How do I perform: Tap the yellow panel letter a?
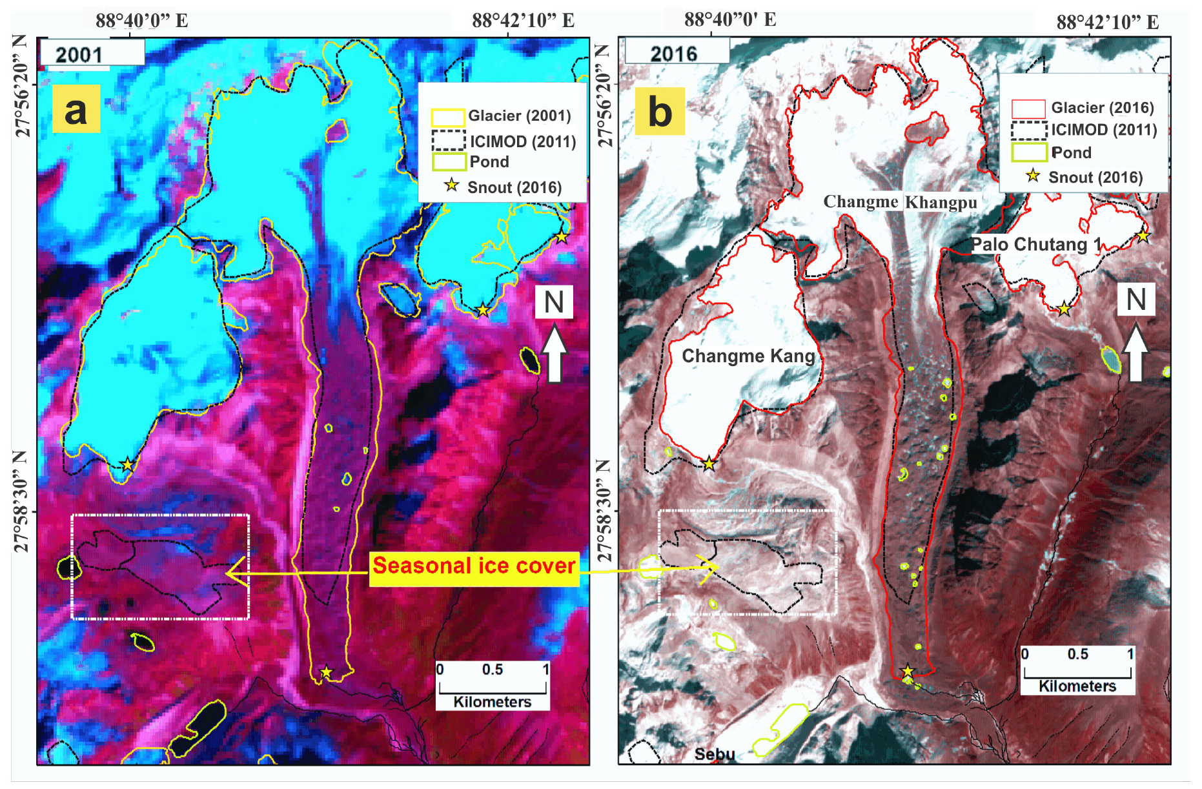pyautogui.click(x=76, y=109)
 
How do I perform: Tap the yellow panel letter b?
pyautogui.click(x=660, y=111)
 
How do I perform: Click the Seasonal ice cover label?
pyautogui.click(x=474, y=566)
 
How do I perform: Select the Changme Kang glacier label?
pyautogui.click(x=748, y=356)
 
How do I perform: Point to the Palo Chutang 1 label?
pyautogui.click(x=1036, y=245)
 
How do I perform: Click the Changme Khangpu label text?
pyautogui.click(x=900, y=202)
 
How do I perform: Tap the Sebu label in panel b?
pyautogui.click(x=715, y=754)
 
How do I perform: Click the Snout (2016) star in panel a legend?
pyautogui.click(x=452, y=186)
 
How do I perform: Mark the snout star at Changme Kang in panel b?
pyautogui.click(x=709, y=464)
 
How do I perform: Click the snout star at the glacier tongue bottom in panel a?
pyautogui.click(x=326, y=673)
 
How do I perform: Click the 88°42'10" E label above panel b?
pyautogui.click(x=1107, y=23)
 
